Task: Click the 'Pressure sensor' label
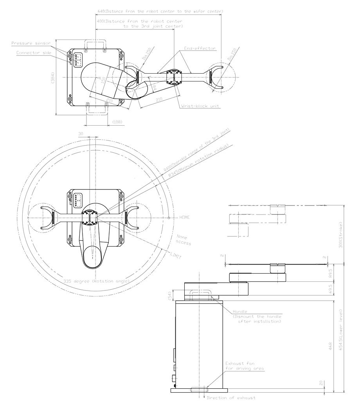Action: [28, 43]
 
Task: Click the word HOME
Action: [184, 217]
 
